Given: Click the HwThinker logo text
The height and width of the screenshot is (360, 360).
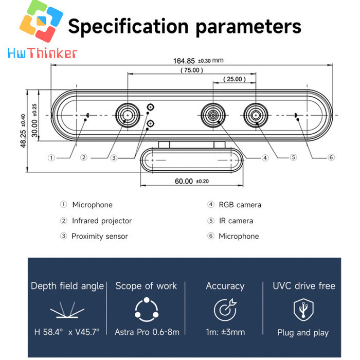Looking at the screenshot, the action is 42,53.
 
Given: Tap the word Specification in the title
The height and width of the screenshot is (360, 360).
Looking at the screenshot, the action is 129,27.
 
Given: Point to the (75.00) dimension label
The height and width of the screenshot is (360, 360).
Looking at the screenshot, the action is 192,70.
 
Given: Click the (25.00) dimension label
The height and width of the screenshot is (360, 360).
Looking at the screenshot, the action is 235,79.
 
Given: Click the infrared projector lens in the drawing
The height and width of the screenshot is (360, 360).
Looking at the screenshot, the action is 128,115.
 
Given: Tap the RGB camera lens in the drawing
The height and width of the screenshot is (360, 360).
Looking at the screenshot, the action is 213,115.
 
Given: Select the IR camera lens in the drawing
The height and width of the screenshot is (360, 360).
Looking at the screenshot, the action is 256,115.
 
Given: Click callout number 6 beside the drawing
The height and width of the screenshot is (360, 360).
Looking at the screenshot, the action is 331,157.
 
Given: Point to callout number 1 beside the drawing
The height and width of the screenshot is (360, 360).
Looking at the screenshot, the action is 51,158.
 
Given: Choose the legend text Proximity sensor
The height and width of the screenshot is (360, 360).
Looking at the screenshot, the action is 100,236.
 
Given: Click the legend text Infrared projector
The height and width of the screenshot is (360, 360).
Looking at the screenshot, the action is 102,221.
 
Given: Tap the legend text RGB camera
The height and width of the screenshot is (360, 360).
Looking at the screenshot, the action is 240,205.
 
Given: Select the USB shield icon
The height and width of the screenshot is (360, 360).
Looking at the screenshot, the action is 303,310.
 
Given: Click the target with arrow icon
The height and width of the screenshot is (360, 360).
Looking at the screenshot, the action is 225,310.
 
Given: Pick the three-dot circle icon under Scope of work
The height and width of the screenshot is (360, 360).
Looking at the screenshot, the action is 147,310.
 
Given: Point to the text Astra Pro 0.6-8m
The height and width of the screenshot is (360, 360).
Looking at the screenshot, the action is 147,332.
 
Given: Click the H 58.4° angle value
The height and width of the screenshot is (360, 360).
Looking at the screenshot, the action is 48,332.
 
